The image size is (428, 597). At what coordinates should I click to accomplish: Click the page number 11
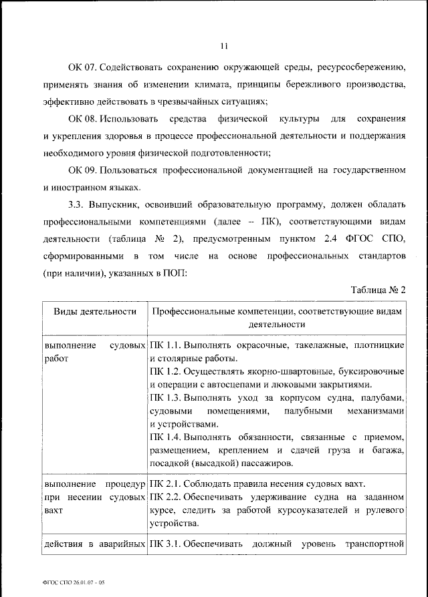coord(223,46)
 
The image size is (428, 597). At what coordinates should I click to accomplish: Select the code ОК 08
coord(84,119)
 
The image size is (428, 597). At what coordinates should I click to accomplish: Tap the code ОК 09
coord(84,170)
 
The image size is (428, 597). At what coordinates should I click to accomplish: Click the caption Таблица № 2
coord(379,290)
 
